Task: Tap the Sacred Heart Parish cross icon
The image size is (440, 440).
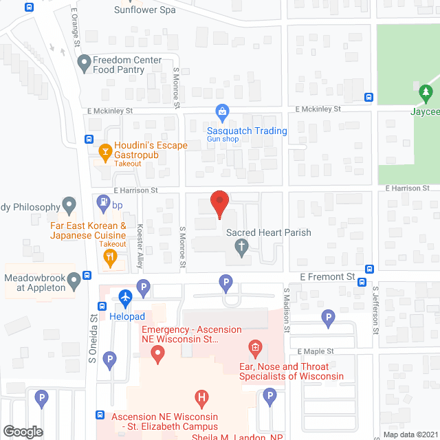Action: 241,247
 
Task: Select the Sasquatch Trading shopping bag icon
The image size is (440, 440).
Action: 222,111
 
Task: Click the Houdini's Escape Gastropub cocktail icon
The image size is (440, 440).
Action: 106,150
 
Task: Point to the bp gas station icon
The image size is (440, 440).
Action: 104,202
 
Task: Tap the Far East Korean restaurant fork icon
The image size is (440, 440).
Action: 109,258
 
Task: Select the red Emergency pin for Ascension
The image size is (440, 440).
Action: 158,355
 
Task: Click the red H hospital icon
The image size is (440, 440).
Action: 201,397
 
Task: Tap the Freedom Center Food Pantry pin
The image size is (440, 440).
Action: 84,65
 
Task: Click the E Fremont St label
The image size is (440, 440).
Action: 327,276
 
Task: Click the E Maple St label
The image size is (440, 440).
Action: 316,351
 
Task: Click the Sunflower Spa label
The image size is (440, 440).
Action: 144,10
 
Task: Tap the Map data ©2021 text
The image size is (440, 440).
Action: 410,434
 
